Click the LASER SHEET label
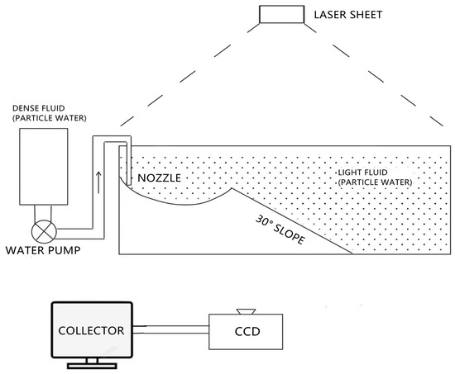pos(343,14)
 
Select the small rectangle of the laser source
pos(277,14)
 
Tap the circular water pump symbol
pos(41,230)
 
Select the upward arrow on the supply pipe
pos(99,179)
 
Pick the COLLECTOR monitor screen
pos(91,330)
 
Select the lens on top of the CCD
pos(246,311)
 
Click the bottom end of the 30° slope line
pos(354,253)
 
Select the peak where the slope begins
pos(232,187)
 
